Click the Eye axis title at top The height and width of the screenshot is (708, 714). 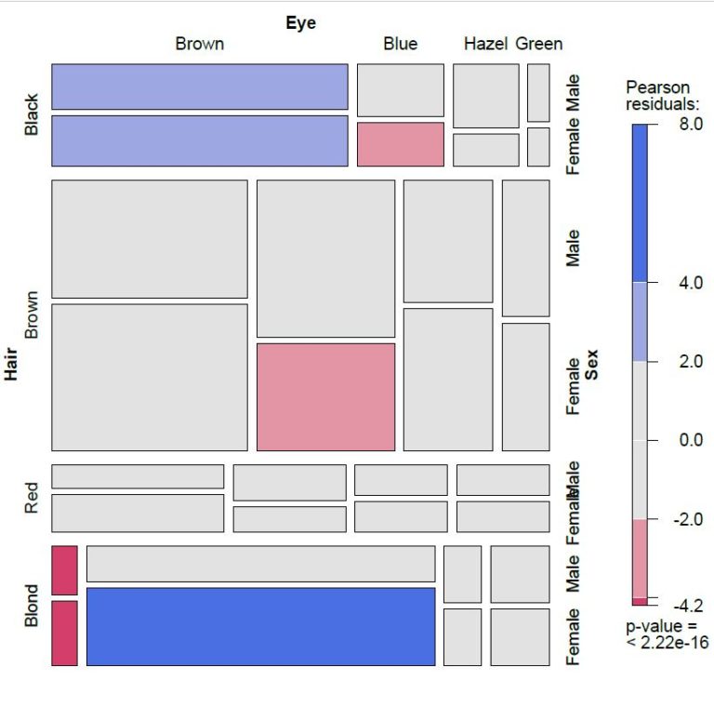click(x=300, y=22)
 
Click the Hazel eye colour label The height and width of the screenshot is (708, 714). click(x=485, y=44)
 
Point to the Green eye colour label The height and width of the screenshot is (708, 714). click(x=539, y=44)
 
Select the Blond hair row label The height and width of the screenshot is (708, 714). click(x=32, y=605)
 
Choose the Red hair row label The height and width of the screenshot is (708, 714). click(x=32, y=499)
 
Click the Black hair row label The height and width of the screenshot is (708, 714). click(x=32, y=114)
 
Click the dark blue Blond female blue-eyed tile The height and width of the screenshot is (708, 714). click(x=260, y=626)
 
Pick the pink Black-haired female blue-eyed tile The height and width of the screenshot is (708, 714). click(x=400, y=144)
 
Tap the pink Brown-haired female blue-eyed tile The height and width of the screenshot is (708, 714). click(x=325, y=396)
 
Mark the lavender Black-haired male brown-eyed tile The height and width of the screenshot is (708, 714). click(x=199, y=87)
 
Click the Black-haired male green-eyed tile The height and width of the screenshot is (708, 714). click(x=538, y=92)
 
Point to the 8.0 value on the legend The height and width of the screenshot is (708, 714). click(x=690, y=124)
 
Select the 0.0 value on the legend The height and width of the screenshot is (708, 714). click(x=690, y=439)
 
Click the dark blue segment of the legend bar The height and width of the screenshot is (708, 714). click(x=640, y=202)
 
